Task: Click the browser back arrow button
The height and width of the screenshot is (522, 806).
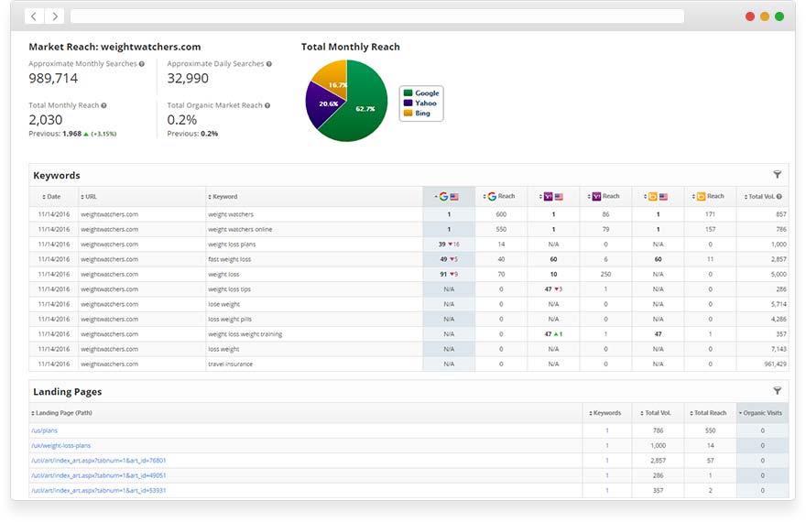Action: click(x=34, y=16)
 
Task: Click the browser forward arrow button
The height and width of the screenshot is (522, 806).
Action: click(x=55, y=16)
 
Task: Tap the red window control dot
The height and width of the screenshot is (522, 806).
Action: click(x=750, y=16)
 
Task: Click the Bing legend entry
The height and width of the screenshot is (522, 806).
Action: click(x=421, y=114)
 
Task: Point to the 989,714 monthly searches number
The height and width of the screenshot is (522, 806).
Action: click(x=53, y=79)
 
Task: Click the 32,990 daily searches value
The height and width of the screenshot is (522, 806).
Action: click(x=188, y=79)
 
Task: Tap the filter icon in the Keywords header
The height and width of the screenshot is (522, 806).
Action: click(x=778, y=175)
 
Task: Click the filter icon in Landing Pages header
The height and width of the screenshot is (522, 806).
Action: click(x=778, y=391)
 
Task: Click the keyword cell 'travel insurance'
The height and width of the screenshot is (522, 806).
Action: click(x=230, y=364)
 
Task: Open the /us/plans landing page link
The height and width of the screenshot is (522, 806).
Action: click(x=44, y=430)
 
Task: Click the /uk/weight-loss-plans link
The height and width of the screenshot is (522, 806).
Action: click(x=60, y=445)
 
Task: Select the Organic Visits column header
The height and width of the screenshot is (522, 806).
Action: click(x=761, y=413)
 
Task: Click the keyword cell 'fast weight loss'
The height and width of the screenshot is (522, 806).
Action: click(x=230, y=259)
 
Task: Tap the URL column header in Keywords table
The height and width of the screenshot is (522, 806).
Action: click(x=91, y=196)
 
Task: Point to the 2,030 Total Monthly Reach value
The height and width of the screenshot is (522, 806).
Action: click(x=46, y=120)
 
